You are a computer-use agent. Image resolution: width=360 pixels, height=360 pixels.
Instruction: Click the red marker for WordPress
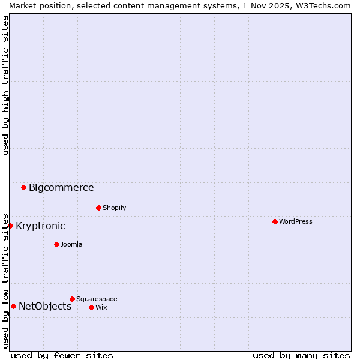pos(275,221)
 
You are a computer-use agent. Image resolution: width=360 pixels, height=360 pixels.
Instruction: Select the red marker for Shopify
pos(98,208)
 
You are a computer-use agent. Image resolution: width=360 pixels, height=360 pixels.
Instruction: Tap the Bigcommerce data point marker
pos(23,187)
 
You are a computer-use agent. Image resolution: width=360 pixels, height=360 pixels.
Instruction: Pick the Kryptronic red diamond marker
pos(10,226)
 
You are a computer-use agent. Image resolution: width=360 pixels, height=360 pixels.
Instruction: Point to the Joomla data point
pos(56,244)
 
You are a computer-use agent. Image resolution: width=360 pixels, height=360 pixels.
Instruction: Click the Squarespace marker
pos(72,299)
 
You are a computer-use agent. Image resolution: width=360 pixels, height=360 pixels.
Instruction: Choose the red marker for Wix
pos(91,307)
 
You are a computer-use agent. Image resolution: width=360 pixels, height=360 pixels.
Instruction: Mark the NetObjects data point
pos(13,306)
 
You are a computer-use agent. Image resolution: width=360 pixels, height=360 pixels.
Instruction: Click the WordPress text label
pos(296,221)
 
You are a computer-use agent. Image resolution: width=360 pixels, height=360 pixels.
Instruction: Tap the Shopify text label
pos(114,208)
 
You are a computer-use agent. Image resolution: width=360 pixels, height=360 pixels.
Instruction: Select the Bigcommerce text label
pos(61,187)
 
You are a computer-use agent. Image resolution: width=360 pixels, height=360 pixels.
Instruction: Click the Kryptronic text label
pos(40,226)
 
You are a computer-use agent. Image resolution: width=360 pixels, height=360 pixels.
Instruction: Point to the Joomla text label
pos(71,244)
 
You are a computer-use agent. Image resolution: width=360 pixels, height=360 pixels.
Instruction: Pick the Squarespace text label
pos(97,299)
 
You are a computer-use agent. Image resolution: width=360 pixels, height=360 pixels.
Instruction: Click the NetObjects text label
pos(45,306)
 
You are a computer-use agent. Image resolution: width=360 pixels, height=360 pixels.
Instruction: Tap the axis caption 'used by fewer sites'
pos(62,355)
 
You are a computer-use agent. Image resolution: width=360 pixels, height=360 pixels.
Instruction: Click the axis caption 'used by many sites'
pos(301,355)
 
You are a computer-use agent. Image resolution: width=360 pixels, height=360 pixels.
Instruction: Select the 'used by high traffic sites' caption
pos(5,85)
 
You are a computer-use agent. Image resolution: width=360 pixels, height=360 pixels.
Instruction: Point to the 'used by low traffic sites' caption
pos(5,280)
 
